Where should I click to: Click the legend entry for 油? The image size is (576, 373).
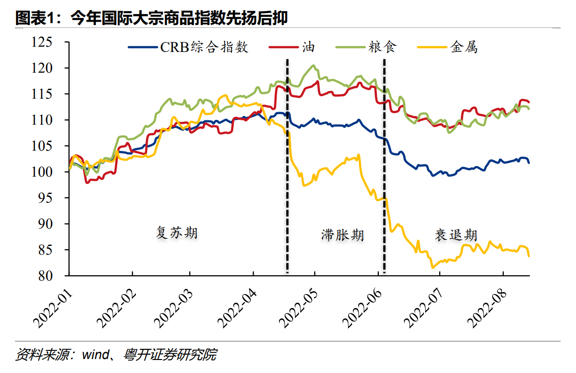[x=308, y=47]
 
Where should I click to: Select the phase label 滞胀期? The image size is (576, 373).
[x=343, y=235]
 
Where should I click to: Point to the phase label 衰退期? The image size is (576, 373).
[x=456, y=235]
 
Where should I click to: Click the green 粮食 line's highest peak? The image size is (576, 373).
[x=314, y=66]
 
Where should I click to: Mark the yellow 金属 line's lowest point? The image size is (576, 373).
[x=432, y=268]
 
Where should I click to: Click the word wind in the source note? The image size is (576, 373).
[x=94, y=356]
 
